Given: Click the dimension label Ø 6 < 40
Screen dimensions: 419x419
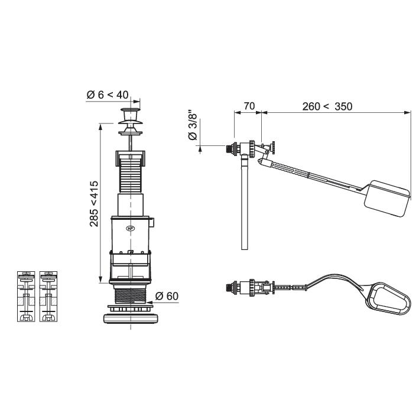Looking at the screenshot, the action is pyautogui.click(x=108, y=95).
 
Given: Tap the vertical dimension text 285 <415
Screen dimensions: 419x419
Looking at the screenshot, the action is pyautogui.click(x=94, y=204).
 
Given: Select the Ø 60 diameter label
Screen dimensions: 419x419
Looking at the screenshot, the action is pyautogui.click(x=167, y=296).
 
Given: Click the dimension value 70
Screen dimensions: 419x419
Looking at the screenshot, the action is pyautogui.click(x=249, y=106).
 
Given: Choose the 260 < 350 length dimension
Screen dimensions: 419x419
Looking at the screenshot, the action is pyautogui.click(x=327, y=106).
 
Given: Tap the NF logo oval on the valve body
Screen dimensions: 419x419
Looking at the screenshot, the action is pyautogui.click(x=131, y=229).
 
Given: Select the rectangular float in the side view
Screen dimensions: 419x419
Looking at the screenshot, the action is pyautogui.click(x=386, y=199).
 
